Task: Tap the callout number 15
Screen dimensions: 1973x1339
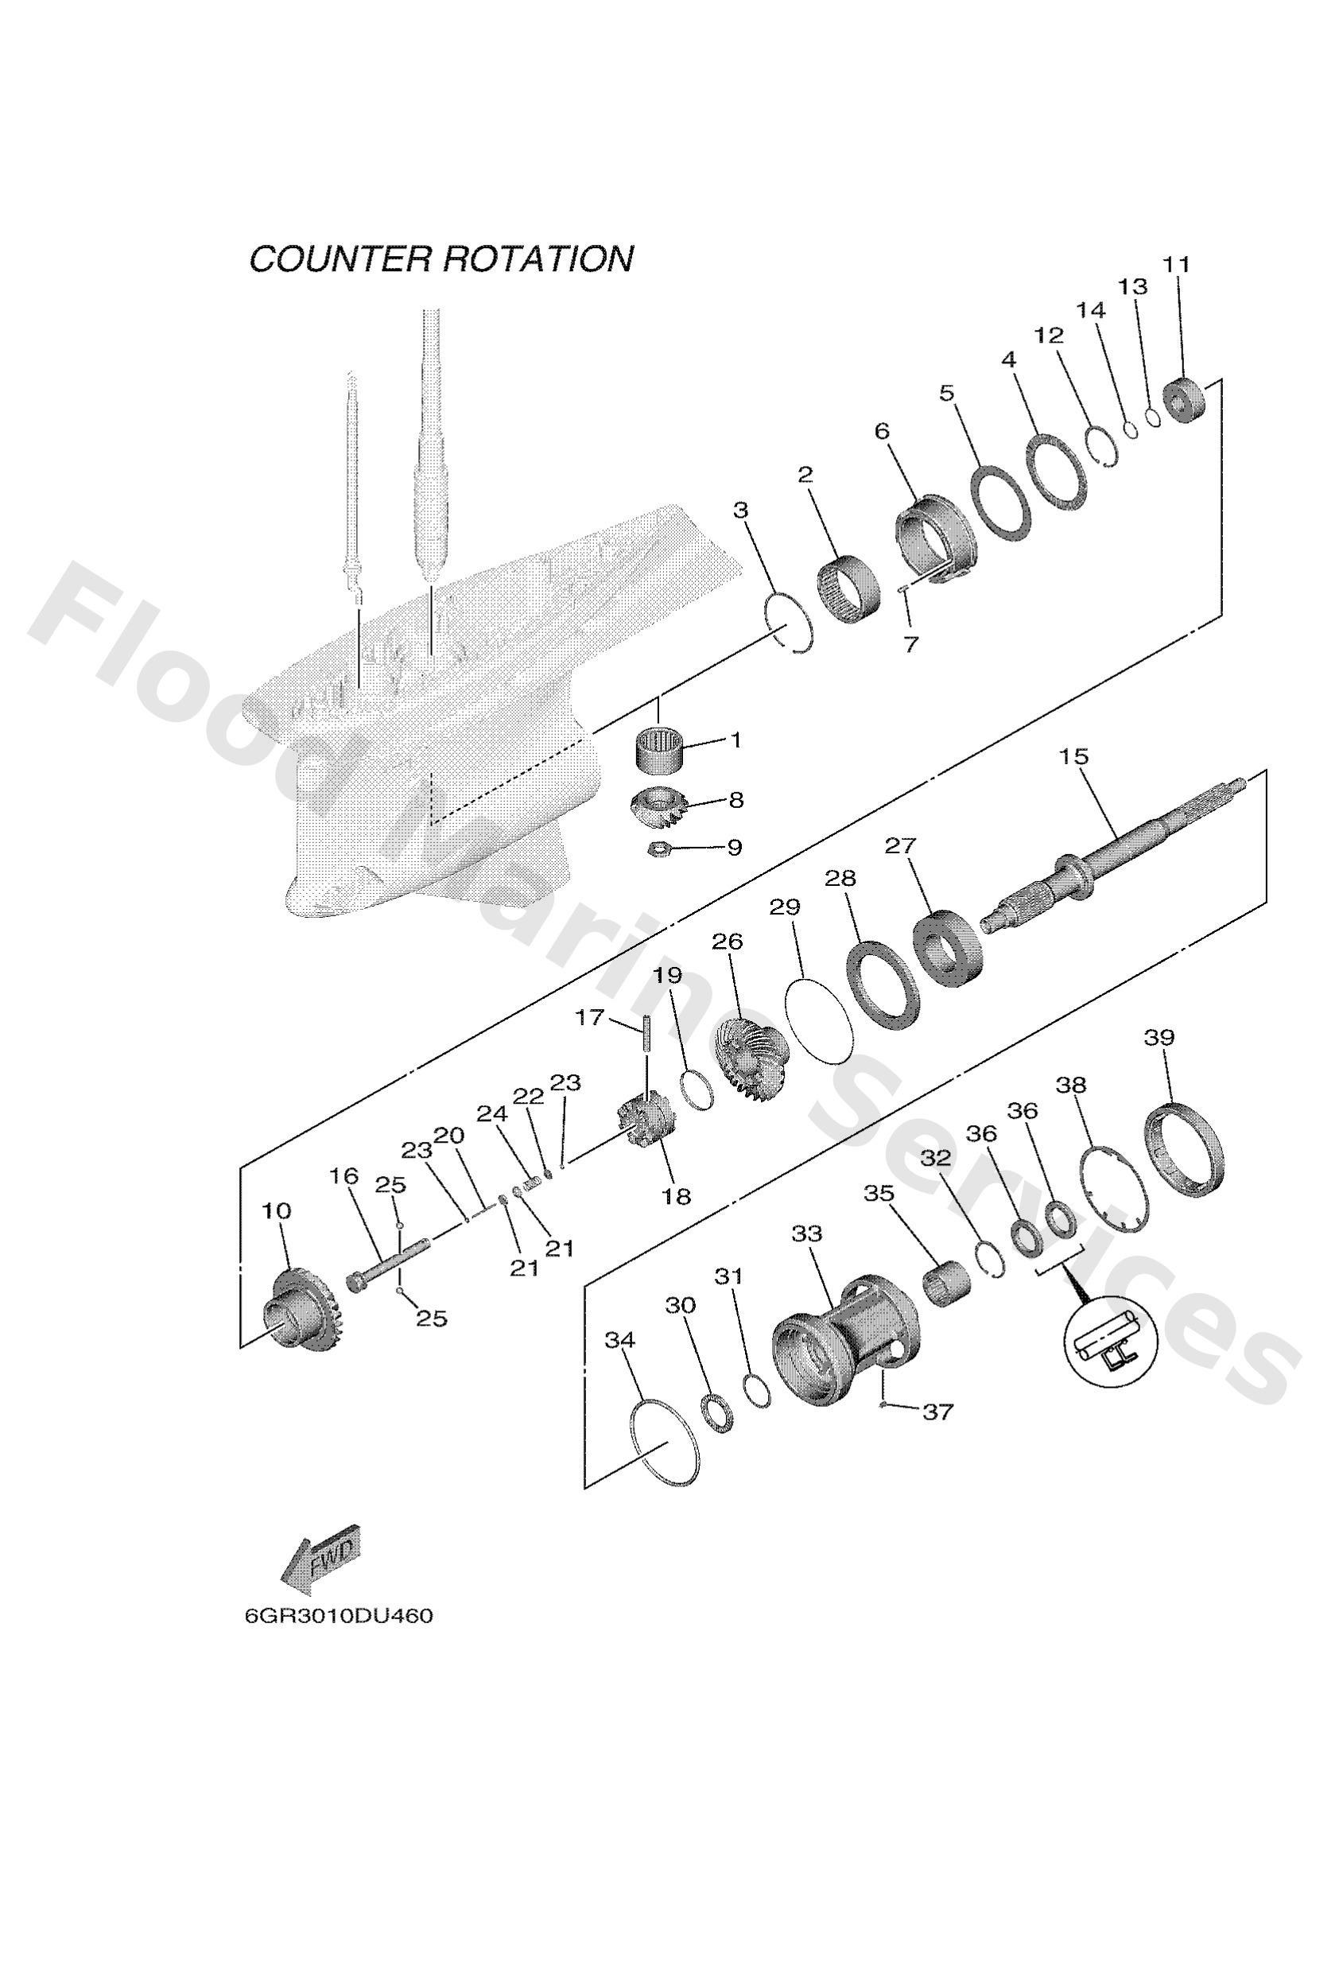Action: coord(1073,756)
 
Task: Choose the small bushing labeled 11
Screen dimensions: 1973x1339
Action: coord(1185,399)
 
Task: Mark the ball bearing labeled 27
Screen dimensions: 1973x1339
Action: coord(949,947)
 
